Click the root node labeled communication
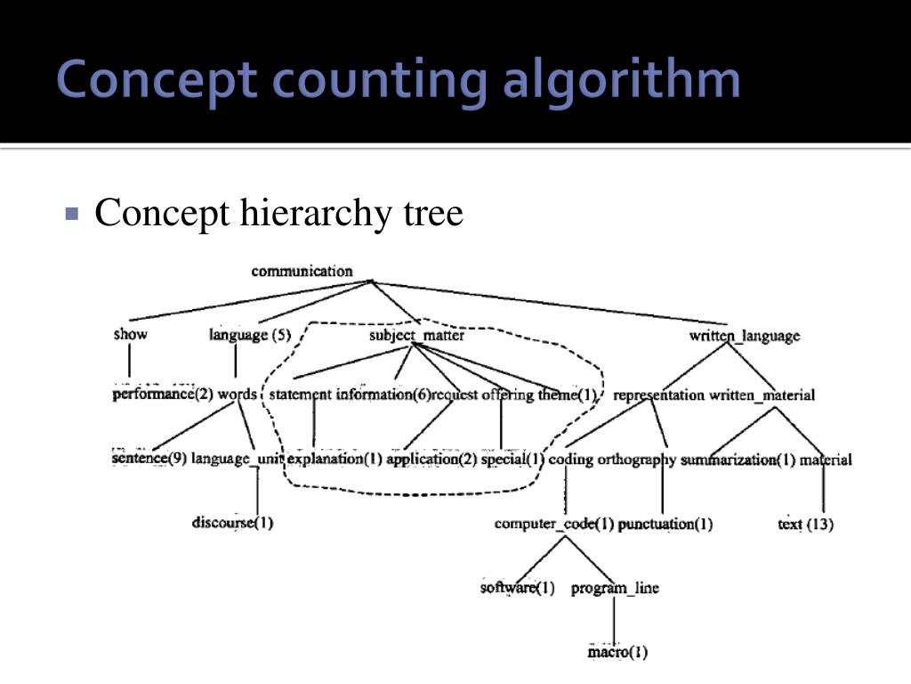(302, 271)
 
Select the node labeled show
(130, 335)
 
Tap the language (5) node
(250, 335)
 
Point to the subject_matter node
(416, 336)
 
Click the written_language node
(744, 336)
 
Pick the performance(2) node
(163, 394)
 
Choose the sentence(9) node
(149, 459)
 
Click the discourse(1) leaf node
(232, 522)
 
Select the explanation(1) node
(335, 460)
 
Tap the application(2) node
(431, 460)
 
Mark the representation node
(658, 395)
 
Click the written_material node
(762, 395)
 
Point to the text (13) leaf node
(805, 524)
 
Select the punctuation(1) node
(665, 524)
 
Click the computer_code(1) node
(554, 524)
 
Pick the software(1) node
(517, 588)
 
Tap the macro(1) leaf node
(617, 653)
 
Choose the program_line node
(615, 588)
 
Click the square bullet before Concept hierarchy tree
(73, 215)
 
